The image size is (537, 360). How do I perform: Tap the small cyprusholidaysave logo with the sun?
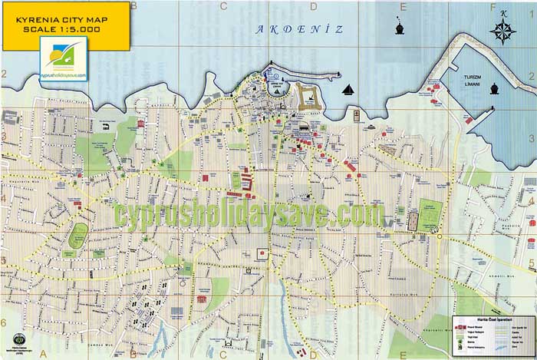point(64,59)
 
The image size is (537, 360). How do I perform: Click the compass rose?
point(502,31)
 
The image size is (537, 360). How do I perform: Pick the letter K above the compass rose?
point(503,13)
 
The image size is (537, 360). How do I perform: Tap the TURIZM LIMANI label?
point(466,81)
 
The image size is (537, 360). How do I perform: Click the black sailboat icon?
point(350,90)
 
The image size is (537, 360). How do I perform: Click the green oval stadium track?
point(77,236)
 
